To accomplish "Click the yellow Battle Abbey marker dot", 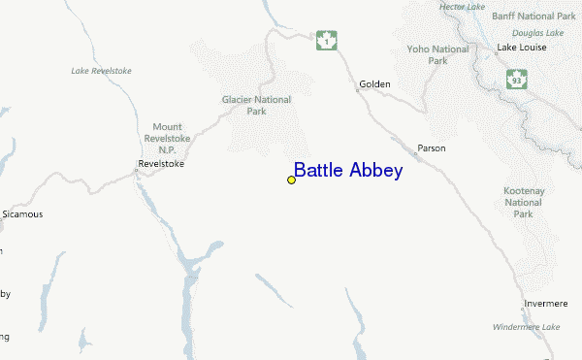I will tap(291, 180).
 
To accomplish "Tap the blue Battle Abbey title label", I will tap(348, 171).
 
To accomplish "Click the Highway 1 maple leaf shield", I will tap(326, 41).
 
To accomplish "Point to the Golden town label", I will tap(374, 84).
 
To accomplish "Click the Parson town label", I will tap(431, 148).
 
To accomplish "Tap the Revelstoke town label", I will tap(161, 164).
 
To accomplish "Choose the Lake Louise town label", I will tap(522, 48).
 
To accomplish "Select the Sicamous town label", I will tap(23, 213).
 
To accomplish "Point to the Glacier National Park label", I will tap(256, 105).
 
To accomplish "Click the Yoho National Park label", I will tap(437, 54).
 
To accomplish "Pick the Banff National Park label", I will tap(533, 16).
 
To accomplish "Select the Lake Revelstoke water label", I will tap(101, 71).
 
